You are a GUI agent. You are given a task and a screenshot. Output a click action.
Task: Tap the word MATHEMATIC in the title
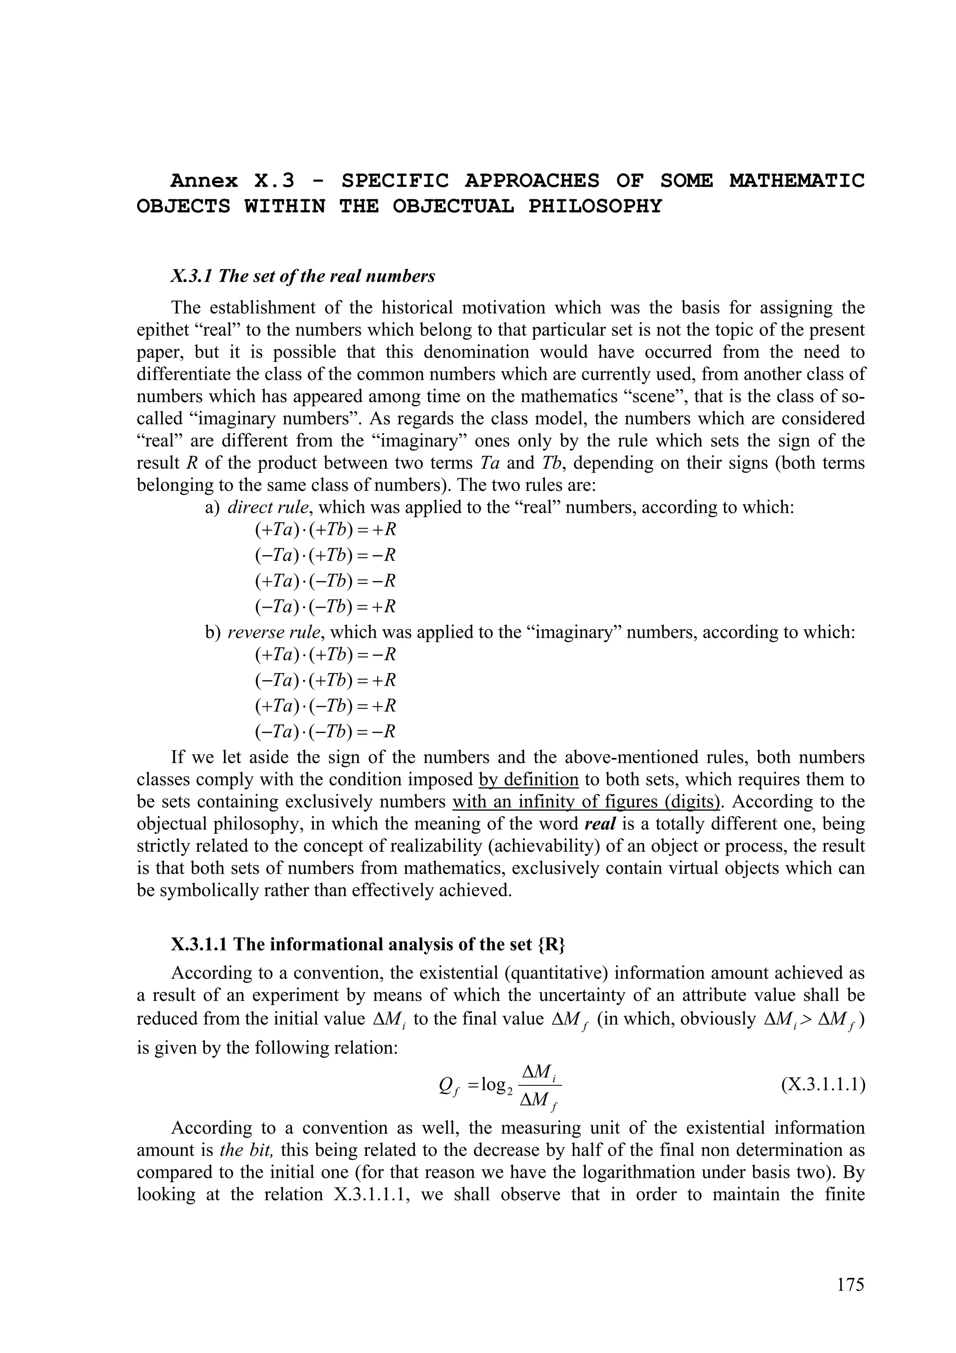click(797, 180)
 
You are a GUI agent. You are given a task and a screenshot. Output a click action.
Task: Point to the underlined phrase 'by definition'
click(528, 779)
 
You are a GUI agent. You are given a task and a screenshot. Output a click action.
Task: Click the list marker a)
click(212, 507)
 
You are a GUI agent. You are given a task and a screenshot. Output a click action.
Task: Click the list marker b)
click(212, 633)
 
